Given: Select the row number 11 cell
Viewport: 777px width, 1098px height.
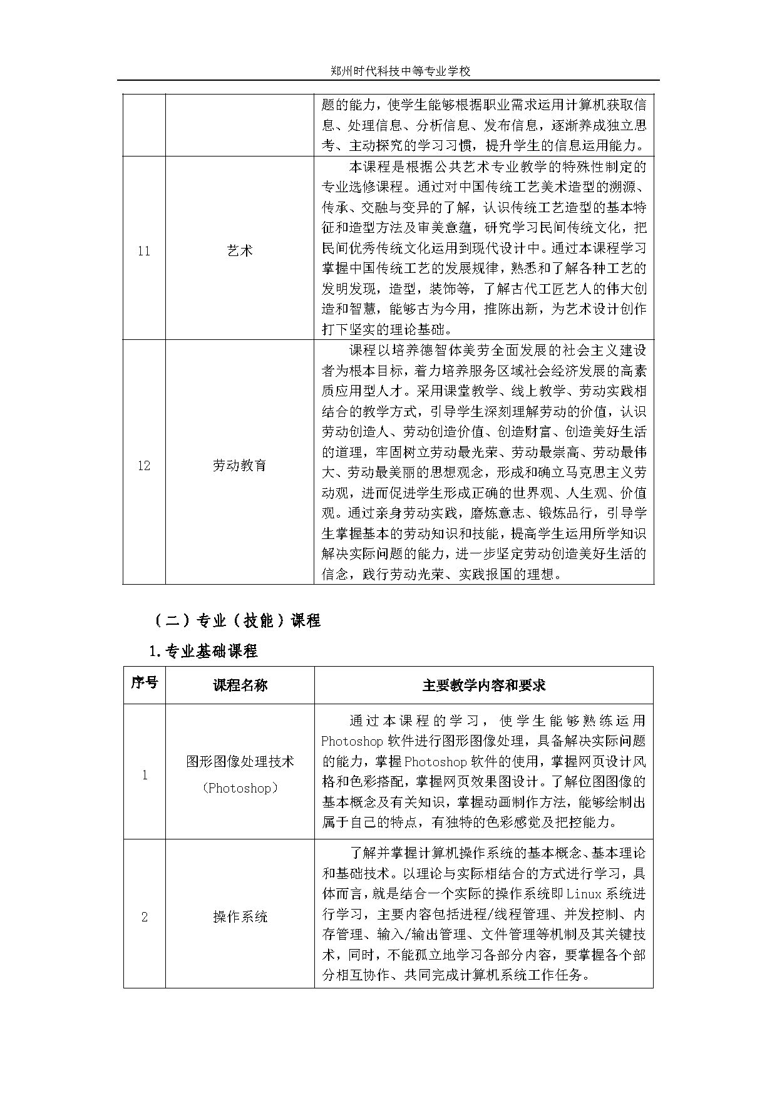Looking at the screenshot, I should pyautogui.click(x=144, y=251).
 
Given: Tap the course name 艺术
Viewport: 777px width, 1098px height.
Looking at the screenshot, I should pyautogui.click(x=240, y=251).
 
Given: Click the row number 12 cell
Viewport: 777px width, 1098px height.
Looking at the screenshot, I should pyautogui.click(x=144, y=466).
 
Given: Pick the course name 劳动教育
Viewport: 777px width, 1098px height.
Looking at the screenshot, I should pyautogui.click(x=240, y=466).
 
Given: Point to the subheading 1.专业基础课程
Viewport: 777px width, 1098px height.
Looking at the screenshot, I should pyautogui.click(x=203, y=651).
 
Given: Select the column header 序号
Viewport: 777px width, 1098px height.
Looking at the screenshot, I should pyautogui.click(x=144, y=682).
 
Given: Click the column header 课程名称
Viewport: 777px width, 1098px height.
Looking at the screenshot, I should pyautogui.click(x=240, y=685).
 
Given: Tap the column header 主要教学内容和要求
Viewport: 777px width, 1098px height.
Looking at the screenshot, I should pyautogui.click(x=483, y=685).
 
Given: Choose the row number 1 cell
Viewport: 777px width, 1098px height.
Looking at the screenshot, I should pyautogui.click(x=144, y=775).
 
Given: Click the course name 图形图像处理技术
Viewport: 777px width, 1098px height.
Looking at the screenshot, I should pyautogui.click(x=240, y=761).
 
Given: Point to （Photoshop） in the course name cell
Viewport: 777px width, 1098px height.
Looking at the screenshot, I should pyautogui.click(x=240, y=788).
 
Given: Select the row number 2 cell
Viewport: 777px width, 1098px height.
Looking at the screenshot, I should pyautogui.click(x=144, y=917).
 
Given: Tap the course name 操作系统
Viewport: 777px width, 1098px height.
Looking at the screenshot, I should pyautogui.click(x=240, y=917).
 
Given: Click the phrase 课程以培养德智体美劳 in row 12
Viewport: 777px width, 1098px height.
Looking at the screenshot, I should pyautogui.click(x=416, y=351).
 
